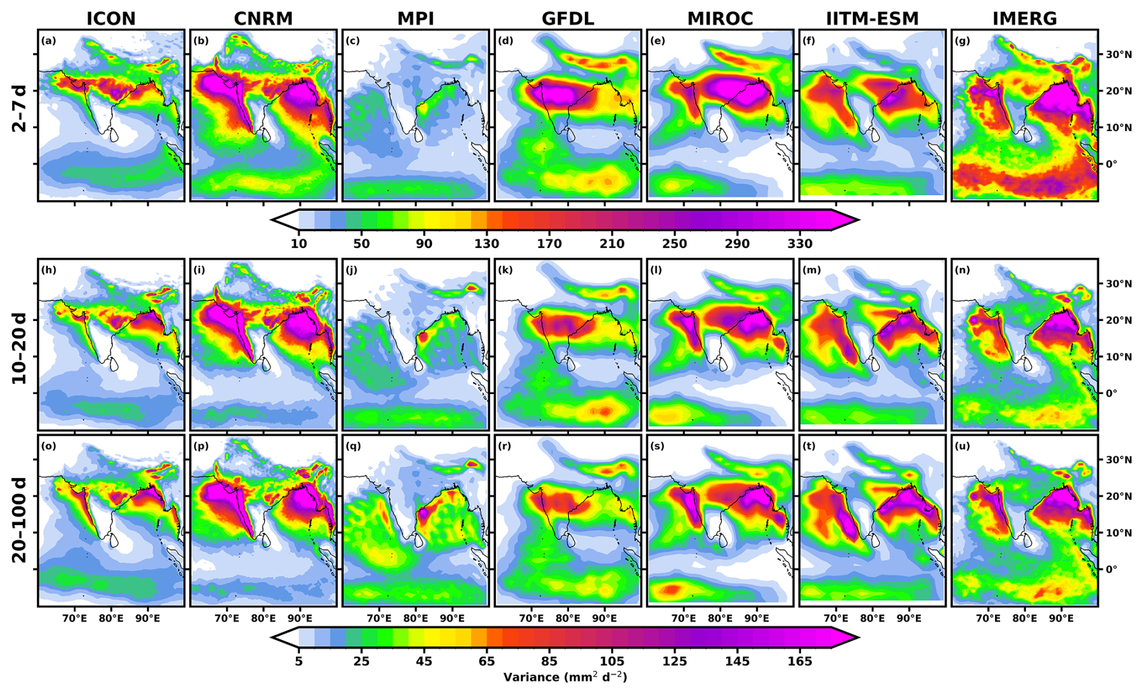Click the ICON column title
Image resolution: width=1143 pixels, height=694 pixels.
tap(111, 19)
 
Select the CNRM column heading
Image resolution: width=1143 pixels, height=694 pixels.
tap(263, 19)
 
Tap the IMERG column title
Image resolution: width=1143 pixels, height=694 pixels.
tap(1025, 19)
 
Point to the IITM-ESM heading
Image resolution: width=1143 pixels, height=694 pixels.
tap(872, 19)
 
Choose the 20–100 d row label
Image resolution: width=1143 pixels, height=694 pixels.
tap(19, 520)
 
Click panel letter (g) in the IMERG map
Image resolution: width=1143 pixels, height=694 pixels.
tap(960, 41)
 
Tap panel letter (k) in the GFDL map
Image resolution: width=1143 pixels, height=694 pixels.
tap(503, 270)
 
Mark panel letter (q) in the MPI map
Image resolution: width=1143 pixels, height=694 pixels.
tap(351, 446)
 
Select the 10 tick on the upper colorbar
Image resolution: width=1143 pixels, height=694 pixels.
tap(299, 244)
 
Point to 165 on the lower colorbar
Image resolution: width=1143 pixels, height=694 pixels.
tap(800, 661)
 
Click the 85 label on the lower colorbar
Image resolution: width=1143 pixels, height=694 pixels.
tap(549, 661)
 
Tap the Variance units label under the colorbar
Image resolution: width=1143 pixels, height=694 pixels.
tap(565, 677)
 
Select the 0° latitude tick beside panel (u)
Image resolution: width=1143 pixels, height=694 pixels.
tap(1112, 568)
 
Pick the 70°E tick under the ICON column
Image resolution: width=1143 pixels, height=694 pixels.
tap(75, 619)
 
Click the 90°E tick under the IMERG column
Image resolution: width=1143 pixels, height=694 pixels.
tap(1061, 619)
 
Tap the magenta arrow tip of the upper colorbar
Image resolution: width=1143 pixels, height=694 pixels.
tap(858, 220)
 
